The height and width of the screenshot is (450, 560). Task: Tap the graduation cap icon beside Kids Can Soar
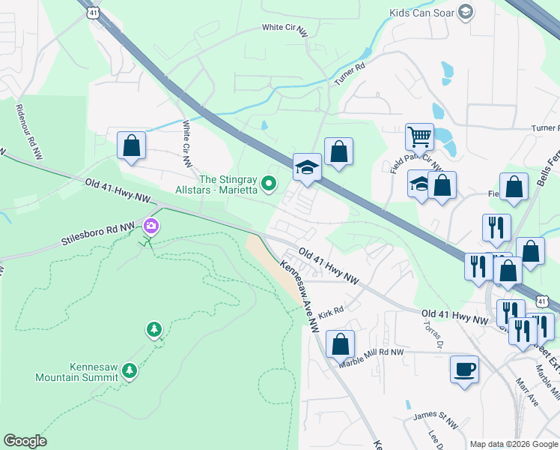tap(466, 11)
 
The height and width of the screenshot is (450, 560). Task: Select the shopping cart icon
tap(419, 137)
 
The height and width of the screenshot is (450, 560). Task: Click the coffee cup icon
tap(464, 370)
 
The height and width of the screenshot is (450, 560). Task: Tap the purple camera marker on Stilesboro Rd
tap(151, 225)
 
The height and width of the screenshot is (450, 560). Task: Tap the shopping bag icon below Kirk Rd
tap(340, 344)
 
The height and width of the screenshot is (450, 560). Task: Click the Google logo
tap(25, 441)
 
